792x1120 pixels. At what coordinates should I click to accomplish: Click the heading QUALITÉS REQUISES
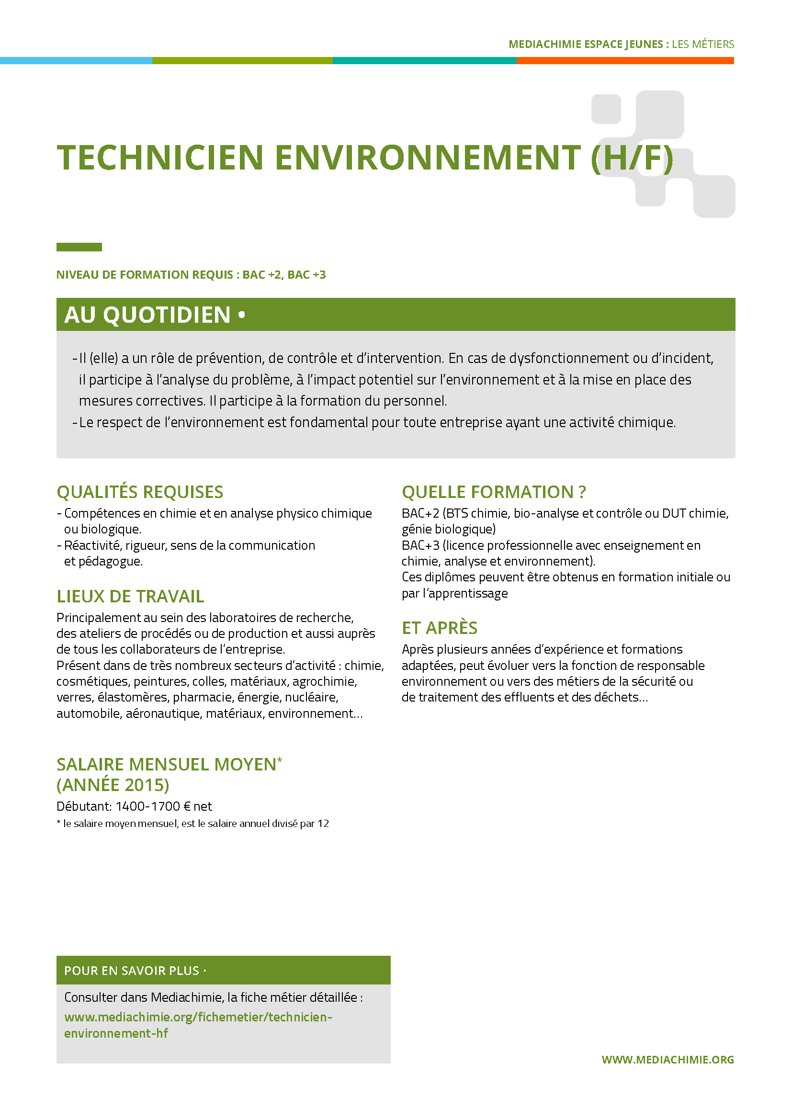pos(139,492)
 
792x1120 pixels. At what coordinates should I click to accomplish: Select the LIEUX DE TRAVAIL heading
pos(130,596)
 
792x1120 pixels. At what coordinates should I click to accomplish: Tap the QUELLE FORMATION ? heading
pos(494,492)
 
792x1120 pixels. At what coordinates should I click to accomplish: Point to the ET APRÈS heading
pos(440,628)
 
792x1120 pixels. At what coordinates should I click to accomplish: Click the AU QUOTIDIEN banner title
pos(147,315)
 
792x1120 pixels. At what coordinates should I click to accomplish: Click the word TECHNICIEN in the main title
pos(160,158)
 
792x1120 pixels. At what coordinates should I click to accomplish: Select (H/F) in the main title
pos(632,158)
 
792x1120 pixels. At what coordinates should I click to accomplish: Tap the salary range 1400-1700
pos(148,806)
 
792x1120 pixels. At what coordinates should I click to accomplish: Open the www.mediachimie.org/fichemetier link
pos(198,1017)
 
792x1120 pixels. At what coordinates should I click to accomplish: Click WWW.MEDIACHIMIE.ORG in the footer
pos(668,1060)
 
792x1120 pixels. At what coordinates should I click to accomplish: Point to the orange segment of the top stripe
pos(625,60)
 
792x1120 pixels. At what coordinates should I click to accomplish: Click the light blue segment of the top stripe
pos(76,60)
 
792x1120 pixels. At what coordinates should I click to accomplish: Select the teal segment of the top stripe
pos(424,60)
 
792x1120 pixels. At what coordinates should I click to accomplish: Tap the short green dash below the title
pos(79,247)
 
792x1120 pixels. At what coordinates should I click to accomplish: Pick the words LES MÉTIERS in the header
pos(703,45)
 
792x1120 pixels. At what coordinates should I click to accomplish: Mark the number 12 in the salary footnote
pos(323,824)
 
